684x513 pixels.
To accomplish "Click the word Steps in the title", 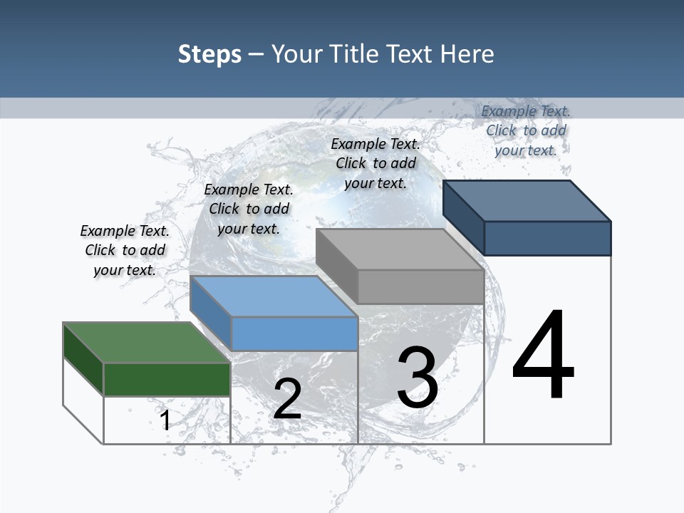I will point(209,54).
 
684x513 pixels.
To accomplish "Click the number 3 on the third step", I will point(418,377).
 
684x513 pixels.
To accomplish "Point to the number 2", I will point(287,399).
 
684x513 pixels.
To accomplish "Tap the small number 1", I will point(165,420).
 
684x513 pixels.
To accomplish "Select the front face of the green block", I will point(167,379).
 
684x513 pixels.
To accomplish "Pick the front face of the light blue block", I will point(294,333).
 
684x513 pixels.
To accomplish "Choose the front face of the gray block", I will point(420,286).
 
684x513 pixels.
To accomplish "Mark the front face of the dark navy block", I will point(547,238).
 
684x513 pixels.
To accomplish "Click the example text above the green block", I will point(125,251).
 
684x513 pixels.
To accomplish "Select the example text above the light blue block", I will point(249,209).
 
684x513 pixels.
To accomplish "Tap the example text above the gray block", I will point(375,163).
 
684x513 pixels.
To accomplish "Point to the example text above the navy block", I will point(526,130).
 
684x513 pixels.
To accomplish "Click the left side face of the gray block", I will point(336,265).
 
